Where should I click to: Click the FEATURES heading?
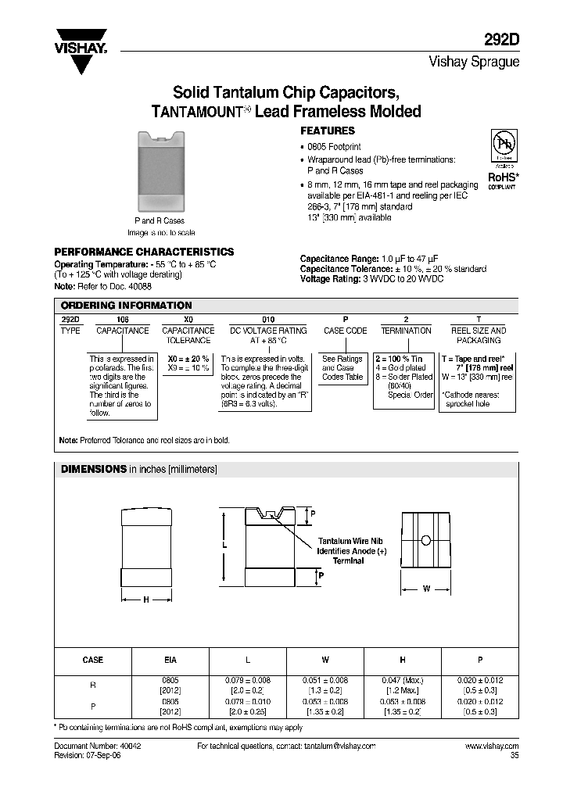coord(328,131)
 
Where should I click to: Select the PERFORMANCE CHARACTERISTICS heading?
coord(143,252)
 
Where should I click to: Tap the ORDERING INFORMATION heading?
coord(125,306)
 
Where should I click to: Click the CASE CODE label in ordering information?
coord(345,331)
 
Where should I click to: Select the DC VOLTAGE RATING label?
coord(268,331)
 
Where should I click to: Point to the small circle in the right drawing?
coord(425,540)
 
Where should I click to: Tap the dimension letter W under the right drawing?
coord(426,589)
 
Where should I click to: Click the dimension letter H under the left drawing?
coord(145,600)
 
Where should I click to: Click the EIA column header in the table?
coord(170,660)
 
